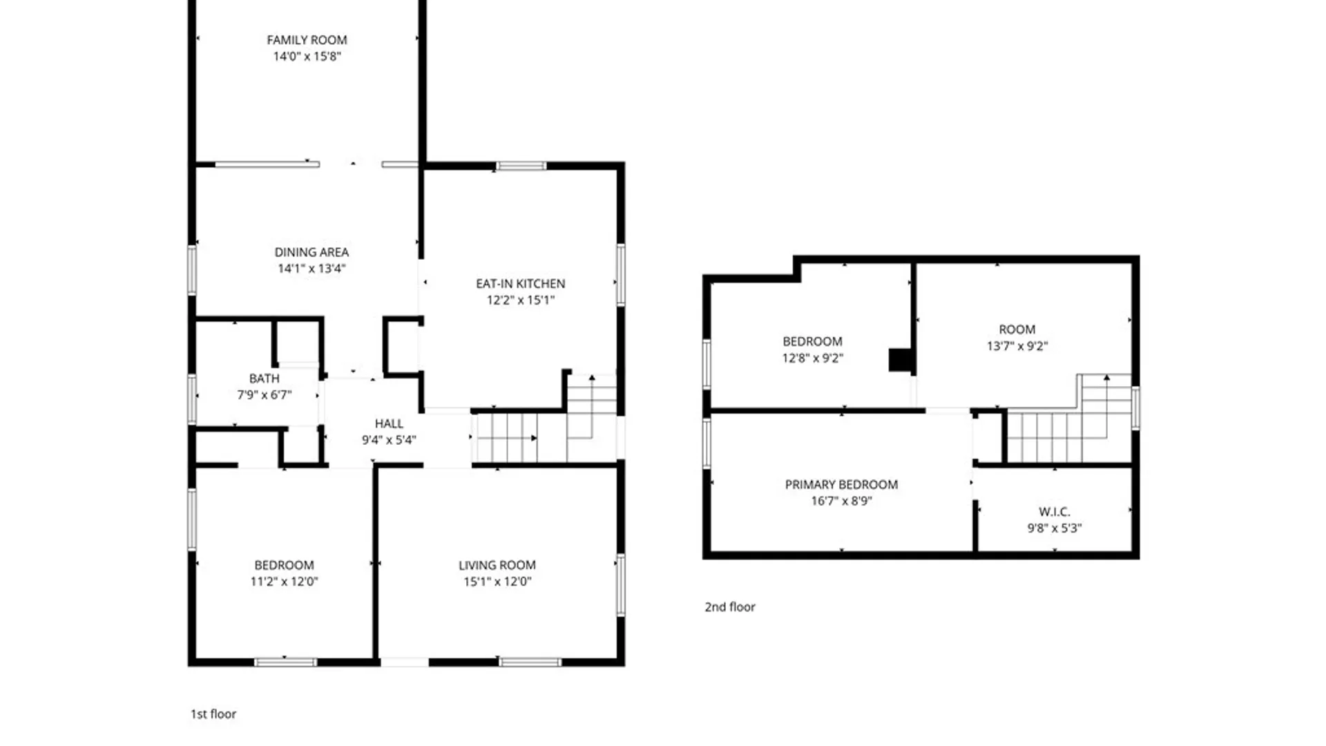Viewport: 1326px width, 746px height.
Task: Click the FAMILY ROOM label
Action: point(307,40)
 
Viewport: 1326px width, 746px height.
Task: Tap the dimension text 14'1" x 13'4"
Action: point(311,269)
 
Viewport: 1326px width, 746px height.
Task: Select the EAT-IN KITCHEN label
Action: point(521,284)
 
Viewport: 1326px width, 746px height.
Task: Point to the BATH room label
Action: point(265,379)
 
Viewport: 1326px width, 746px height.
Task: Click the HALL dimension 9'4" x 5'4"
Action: point(389,440)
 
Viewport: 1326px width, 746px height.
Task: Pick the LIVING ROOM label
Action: point(497,565)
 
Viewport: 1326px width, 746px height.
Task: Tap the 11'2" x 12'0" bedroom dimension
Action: point(284,582)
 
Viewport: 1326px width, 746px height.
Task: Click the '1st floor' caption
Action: point(213,714)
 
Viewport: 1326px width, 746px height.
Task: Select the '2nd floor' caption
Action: point(730,607)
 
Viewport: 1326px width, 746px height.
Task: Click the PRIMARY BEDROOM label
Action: point(841,485)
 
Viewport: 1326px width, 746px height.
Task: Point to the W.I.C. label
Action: point(1055,512)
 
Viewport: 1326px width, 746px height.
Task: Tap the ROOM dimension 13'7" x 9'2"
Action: point(1017,346)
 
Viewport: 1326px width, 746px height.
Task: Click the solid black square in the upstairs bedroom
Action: point(900,361)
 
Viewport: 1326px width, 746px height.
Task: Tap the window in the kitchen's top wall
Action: point(521,166)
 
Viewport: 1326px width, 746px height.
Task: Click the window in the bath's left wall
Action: point(192,399)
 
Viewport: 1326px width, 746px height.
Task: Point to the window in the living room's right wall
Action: point(621,584)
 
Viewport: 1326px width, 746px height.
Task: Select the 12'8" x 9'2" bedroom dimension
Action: point(813,358)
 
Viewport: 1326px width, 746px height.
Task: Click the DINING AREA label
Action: point(311,252)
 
